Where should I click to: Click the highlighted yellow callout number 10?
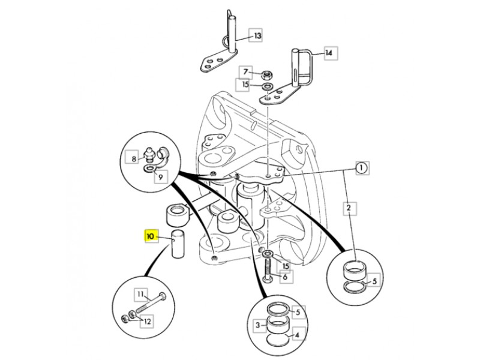(152, 236)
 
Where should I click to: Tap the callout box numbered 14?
(331, 53)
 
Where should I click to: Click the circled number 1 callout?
(362, 168)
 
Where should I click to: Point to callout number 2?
(349, 208)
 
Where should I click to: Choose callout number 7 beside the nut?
(245, 72)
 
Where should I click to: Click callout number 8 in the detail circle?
(134, 159)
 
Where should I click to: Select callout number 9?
(161, 176)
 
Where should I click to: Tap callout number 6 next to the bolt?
(286, 277)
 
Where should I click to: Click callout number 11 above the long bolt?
(141, 295)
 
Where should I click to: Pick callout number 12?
(147, 322)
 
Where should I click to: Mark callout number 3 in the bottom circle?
(257, 325)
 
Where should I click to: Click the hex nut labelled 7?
(268, 74)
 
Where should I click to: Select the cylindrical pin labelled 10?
(178, 244)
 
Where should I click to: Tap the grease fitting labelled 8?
(149, 154)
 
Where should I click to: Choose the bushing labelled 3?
(277, 324)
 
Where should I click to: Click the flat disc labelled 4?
(277, 339)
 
